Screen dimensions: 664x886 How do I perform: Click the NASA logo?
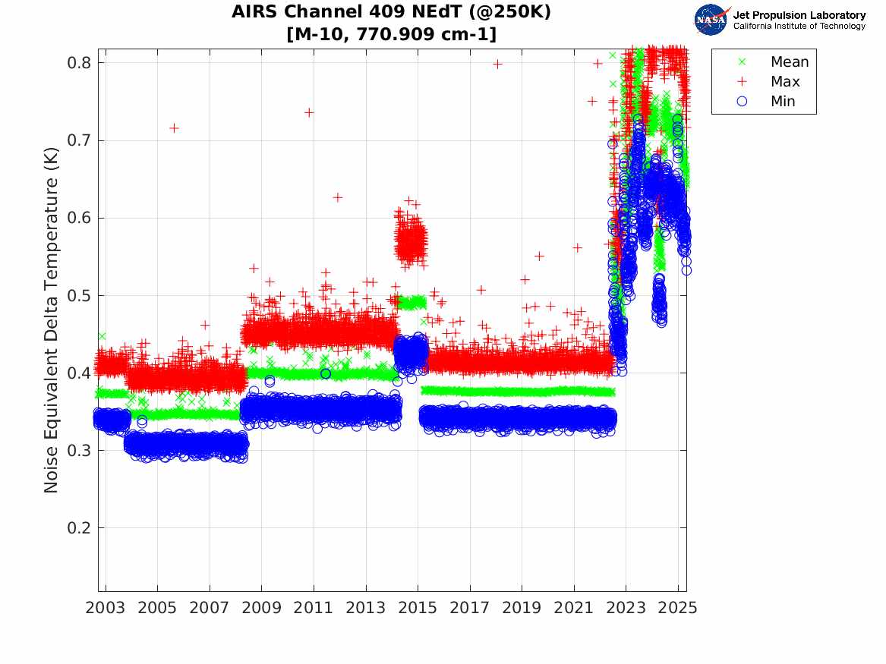coord(711,20)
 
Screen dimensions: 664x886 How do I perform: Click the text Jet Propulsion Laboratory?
coord(799,15)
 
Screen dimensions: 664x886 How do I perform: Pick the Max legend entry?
coord(785,82)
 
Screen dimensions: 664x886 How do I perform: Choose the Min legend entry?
coord(784,102)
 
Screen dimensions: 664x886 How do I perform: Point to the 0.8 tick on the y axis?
coord(80,62)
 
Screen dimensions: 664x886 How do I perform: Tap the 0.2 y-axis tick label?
coord(80,528)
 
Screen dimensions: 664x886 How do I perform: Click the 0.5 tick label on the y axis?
coord(80,295)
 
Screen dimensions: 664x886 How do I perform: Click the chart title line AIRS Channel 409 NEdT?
coord(391,12)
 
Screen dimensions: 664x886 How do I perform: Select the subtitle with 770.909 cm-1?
coord(391,35)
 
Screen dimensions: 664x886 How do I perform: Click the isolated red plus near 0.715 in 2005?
coord(174,128)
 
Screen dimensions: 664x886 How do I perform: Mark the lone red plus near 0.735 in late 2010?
coord(309,112)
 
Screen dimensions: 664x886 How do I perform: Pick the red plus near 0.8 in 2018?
coord(497,64)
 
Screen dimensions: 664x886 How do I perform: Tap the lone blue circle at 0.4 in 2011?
coord(326,373)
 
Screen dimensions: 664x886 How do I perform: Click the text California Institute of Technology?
coord(799,27)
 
